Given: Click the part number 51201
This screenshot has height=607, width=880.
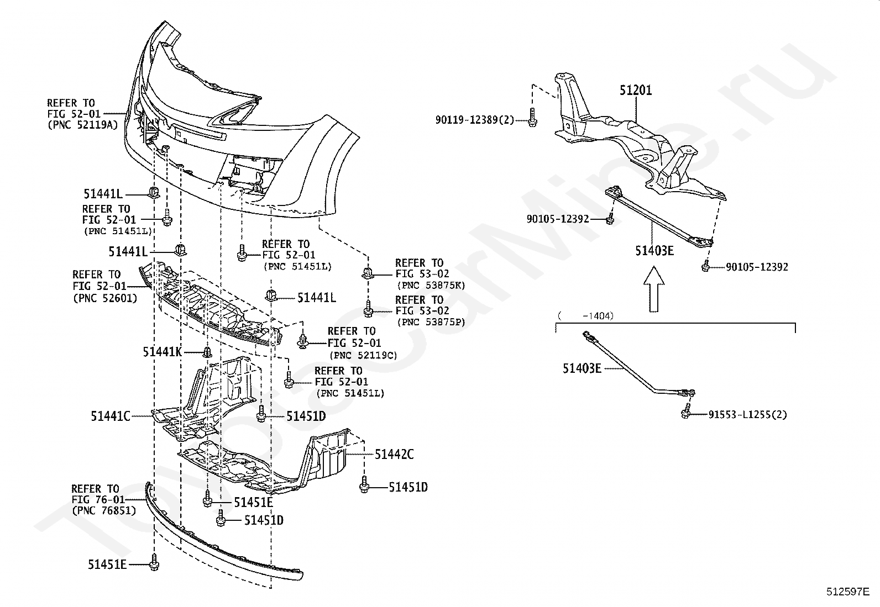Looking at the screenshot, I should click(x=635, y=90).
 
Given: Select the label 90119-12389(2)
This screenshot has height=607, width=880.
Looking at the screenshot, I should click(x=474, y=119).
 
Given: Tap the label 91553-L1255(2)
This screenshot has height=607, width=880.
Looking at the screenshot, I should click(x=747, y=414).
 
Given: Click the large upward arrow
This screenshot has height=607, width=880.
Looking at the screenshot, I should click(x=654, y=289).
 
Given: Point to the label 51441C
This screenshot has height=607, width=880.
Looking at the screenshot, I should click(x=111, y=416).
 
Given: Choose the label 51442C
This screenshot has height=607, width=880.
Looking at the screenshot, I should click(x=394, y=455).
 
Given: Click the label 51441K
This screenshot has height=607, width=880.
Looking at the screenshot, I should click(x=162, y=351).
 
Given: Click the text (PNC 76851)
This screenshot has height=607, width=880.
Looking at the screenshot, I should click(x=104, y=510).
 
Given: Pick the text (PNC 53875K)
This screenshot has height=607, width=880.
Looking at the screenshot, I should click(x=431, y=285).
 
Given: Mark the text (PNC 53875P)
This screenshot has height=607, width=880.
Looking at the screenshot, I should click(x=431, y=322).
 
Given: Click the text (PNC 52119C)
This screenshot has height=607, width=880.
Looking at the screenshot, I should click(x=363, y=355).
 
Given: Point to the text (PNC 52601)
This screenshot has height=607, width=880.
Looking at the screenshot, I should click(x=105, y=297).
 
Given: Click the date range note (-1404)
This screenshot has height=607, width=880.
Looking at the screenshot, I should click(x=586, y=316).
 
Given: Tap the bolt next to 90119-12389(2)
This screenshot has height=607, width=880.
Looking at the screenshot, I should click(x=532, y=118).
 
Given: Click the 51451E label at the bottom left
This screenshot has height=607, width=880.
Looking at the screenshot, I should click(x=107, y=564).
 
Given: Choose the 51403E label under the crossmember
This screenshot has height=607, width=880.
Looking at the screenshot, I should click(x=654, y=251).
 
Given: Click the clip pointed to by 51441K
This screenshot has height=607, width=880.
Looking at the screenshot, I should click(x=207, y=352).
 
